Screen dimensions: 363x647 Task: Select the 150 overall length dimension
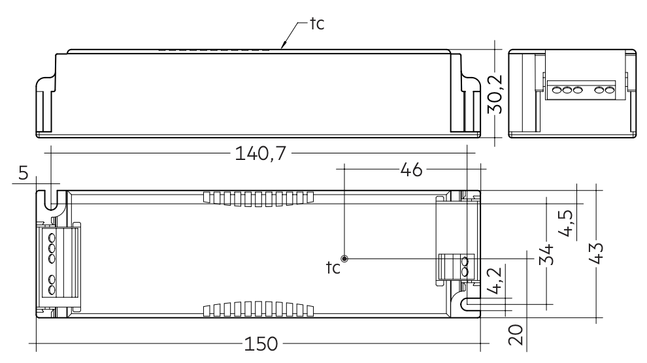pyautogui.click(x=261, y=344)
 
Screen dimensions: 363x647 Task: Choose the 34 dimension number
pyautogui.click(x=547, y=253)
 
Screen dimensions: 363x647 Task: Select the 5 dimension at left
pyautogui.click(x=24, y=174)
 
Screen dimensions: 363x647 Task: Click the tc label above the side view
pyautogui.click(x=316, y=25)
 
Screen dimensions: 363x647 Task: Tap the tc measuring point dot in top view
pyautogui.click(x=345, y=259)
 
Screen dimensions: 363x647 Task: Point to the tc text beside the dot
pyautogui.click(x=333, y=268)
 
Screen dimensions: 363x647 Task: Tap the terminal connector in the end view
pyautogui.click(x=582, y=90)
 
